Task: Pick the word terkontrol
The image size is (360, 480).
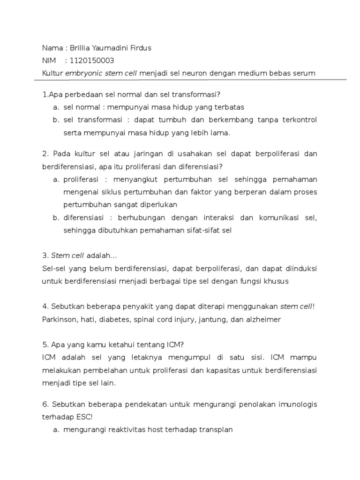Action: click(x=300, y=120)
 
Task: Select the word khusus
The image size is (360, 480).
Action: click(x=275, y=282)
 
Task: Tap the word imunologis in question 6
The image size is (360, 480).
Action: click(x=298, y=404)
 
